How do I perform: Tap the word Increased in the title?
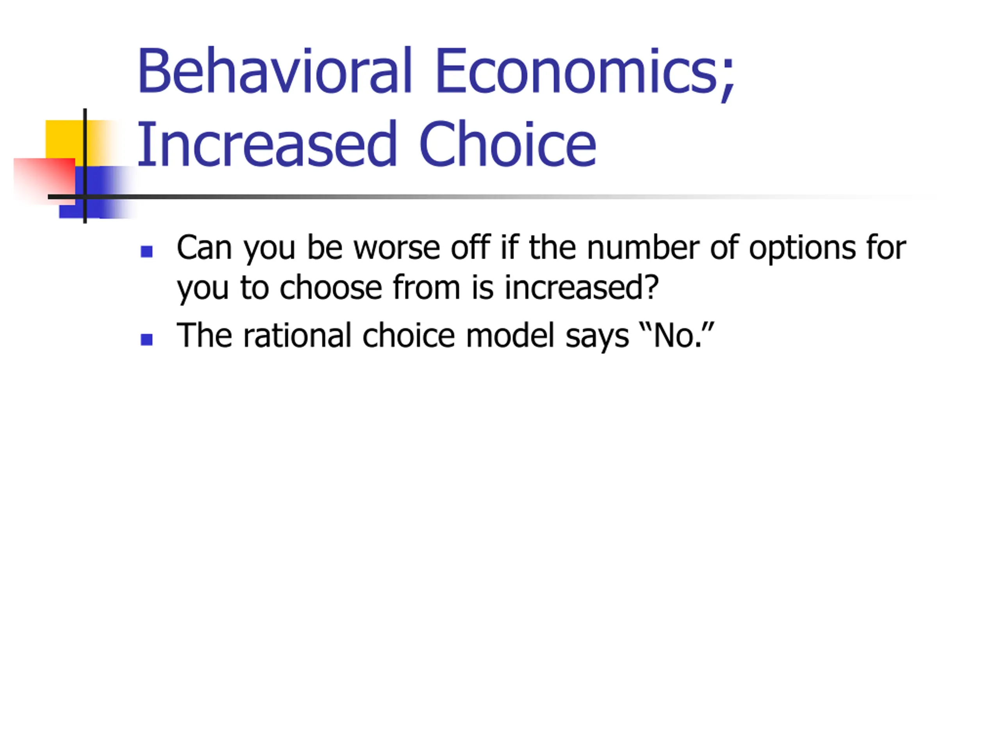(x=267, y=144)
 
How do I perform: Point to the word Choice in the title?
(x=508, y=144)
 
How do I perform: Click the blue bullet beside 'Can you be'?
(x=146, y=251)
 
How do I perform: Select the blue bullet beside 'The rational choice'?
(x=146, y=339)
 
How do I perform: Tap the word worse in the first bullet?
(x=396, y=248)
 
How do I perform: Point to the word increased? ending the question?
(x=581, y=287)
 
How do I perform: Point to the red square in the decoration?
(x=44, y=181)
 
